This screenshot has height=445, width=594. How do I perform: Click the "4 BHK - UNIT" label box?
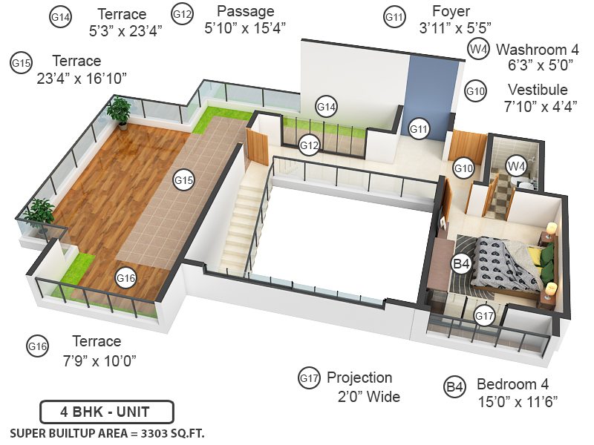(x=106, y=412)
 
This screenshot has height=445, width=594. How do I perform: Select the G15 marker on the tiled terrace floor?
(x=183, y=179)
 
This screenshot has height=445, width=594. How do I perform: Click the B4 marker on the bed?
(x=461, y=263)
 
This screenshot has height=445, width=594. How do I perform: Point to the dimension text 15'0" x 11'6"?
(x=518, y=401)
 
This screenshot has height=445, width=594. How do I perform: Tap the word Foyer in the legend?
(x=451, y=12)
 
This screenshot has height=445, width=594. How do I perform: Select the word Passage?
(x=245, y=11)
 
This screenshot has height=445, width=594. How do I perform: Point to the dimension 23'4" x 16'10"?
(x=82, y=77)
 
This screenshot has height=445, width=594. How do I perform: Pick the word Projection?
(x=359, y=378)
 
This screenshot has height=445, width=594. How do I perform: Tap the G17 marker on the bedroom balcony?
(x=484, y=315)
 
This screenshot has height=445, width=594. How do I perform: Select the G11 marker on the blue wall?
(x=420, y=128)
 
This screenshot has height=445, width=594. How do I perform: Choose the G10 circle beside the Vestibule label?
(x=476, y=91)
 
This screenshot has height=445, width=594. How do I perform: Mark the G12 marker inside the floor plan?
(x=310, y=145)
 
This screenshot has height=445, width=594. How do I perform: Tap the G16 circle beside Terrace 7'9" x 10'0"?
(x=37, y=346)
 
